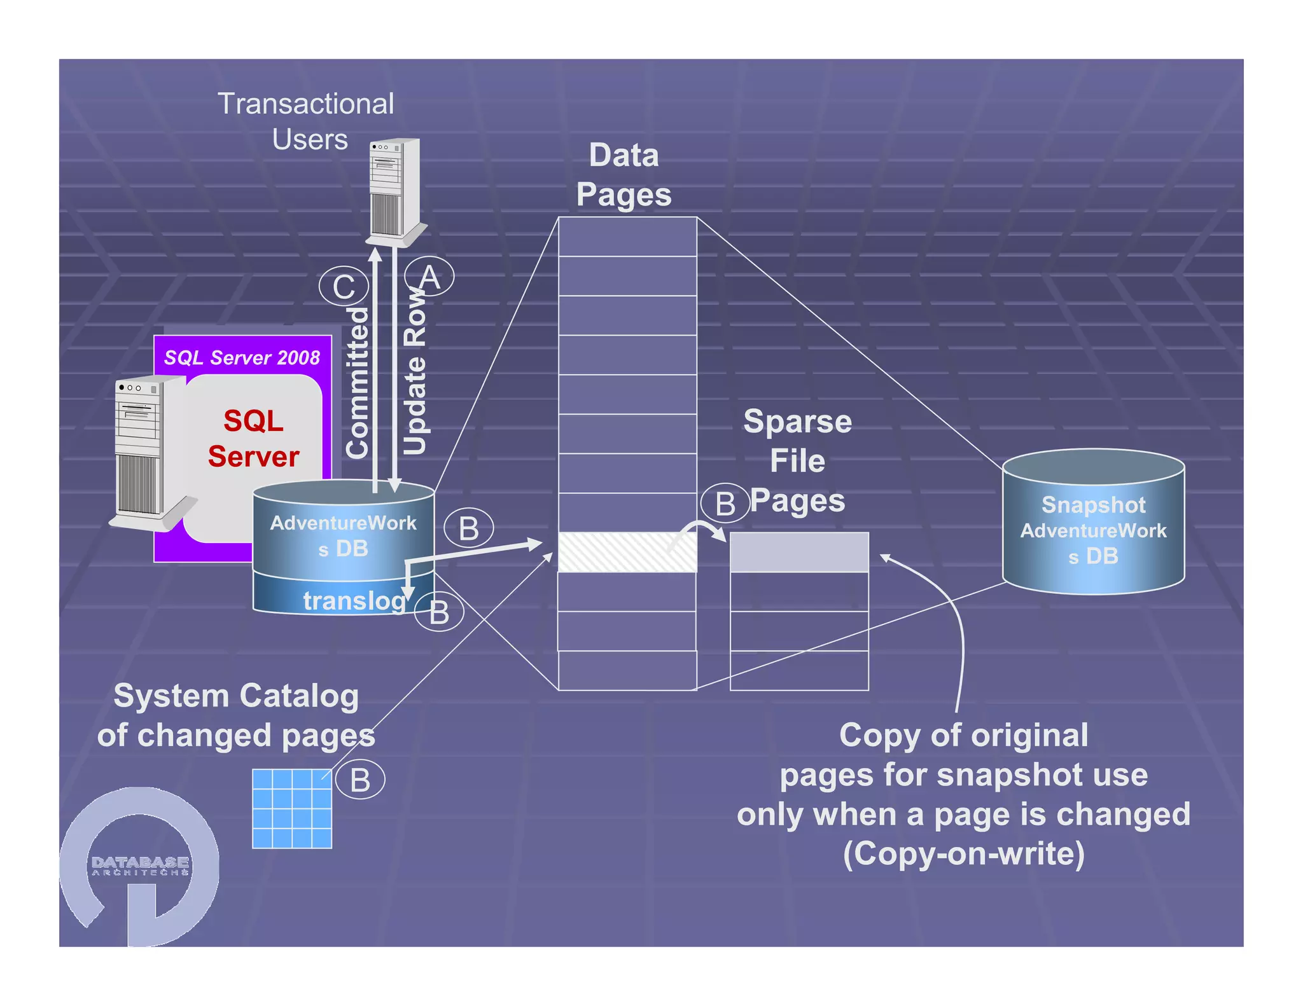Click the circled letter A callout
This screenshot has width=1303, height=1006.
pyautogui.click(x=429, y=277)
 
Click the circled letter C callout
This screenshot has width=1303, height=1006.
pyautogui.click(x=344, y=286)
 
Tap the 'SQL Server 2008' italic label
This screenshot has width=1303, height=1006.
pyautogui.click(x=242, y=357)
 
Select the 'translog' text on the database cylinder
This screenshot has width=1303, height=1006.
pyautogui.click(x=354, y=600)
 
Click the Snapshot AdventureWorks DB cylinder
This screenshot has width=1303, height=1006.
pyautogui.click(x=1093, y=521)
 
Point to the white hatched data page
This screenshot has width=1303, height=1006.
pyautogui.click(x=627, y=552)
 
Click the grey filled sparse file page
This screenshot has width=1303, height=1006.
pyautogui.click(x=799, y=552)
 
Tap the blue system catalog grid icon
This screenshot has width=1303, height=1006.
pyautogui.click(x=292, y=808)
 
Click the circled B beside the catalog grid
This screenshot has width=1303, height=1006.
pyautogui.click(x=360, y=780)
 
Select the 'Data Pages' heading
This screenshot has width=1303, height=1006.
pyautogui.click(x=624, y=174)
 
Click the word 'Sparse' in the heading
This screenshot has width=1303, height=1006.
pyautogui.click(x=797, y=422)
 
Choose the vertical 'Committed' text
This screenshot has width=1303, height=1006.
pyautogui.click(x=358, y=382)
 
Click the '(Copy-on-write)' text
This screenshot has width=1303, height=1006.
pyautogui.click(x=963, y=853)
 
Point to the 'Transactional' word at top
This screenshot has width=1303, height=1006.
pyautogui.click(x=305, y=104)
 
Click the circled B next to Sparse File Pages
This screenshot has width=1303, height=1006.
pyautogui.click(x=725, y=503)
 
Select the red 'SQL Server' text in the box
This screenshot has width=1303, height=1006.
pyautogui.click(x=253, y=439)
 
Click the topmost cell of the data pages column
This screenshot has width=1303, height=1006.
pyautogui.click(x=627, y=237)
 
